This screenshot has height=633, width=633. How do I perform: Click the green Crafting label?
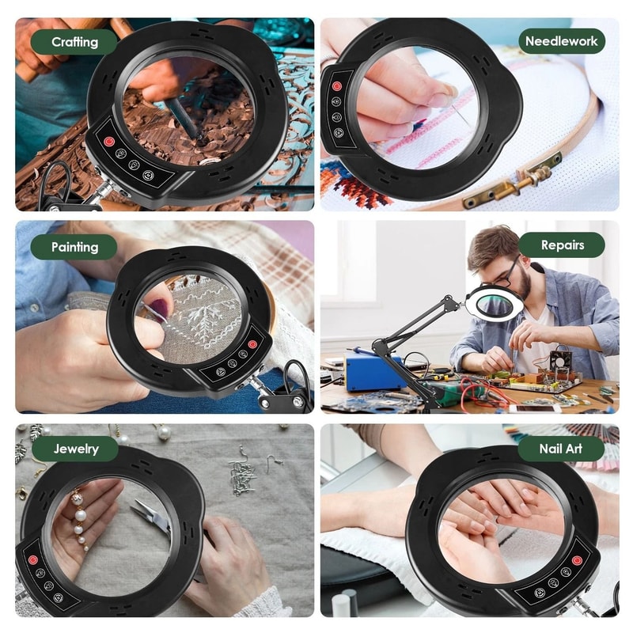(x=74, y=41)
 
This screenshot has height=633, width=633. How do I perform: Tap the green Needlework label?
(x=561, y=41)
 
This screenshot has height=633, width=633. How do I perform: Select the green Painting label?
(x=74, y=247)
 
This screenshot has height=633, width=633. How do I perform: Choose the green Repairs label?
(x=562, y=245)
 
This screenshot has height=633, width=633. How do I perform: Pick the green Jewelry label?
(x=76, y=449)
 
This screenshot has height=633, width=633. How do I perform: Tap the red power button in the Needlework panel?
(x=336, y=85)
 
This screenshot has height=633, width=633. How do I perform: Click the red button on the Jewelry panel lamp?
(x=33, y=559)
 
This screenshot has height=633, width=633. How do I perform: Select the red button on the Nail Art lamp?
(x=576, y=560)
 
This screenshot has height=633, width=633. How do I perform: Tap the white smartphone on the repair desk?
(x=534, y=408)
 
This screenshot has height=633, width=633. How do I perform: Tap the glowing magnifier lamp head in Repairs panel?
(x=494, y=301)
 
